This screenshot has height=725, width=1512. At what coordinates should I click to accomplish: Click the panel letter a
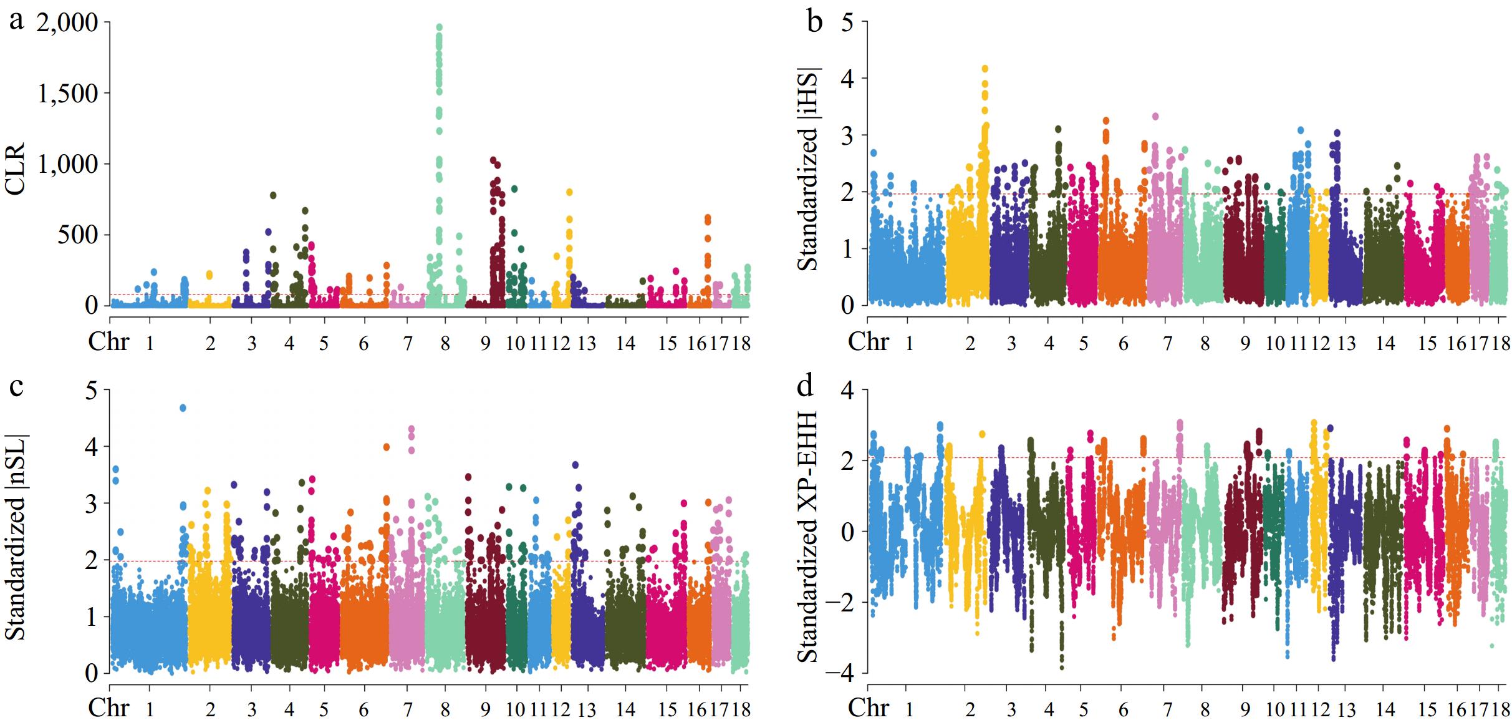coord(17,22)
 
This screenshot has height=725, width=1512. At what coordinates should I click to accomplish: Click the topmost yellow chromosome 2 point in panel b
coord(985,69)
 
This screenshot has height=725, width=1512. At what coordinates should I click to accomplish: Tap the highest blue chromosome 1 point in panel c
coord(183,408)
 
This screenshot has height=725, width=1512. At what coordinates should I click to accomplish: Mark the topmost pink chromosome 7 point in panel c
coord(411,429)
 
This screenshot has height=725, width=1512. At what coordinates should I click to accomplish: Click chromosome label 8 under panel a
coord(445,344)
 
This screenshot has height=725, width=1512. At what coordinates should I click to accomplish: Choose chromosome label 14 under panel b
coord(1385,344)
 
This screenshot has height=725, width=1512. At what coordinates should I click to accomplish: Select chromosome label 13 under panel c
coord(587,710)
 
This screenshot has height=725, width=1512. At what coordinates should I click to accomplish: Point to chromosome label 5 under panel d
coord(1084,710)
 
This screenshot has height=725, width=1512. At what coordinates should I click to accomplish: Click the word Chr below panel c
coord(108,708)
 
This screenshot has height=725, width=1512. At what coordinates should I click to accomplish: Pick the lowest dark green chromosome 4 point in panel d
coord(1062,668)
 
